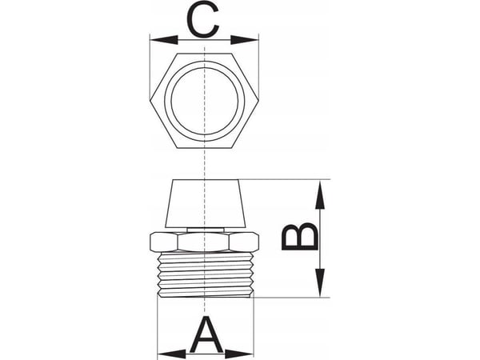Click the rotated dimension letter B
click(x=299, y=237)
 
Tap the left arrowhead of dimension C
click(x=164, y=40)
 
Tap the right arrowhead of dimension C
click(x=245, y=40)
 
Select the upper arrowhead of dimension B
click(x=320, y=195)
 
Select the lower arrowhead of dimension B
click(x=320, y=282)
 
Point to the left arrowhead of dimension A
click(x=171, y=355)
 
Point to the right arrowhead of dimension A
click(x=239, y=355)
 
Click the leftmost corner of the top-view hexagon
click(x=150, y=101)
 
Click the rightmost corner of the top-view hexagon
click(x=258, y=101)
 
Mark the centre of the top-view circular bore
click(x=205, y=101)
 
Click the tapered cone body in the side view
click(x=205, y=203)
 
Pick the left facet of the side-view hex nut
click(x=164, y=242)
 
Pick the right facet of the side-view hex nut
click(x=245, y=242)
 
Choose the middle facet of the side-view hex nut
click(x=204, y=242)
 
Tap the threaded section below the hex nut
click(x=205, y=275)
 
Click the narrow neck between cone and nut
click(x=205, y=230)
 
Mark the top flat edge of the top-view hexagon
click(x=204, y=54)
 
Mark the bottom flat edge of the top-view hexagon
click(x=204, y=148)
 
